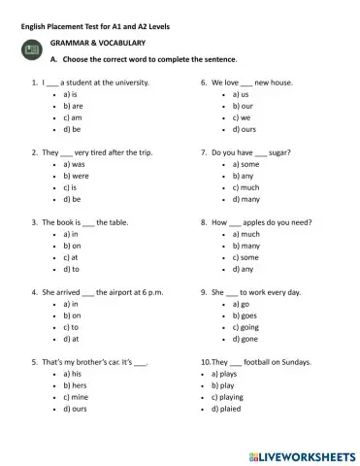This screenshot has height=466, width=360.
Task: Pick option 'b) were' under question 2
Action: click(x=75, y=177)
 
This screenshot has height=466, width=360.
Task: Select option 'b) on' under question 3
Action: click(x=72, y=246)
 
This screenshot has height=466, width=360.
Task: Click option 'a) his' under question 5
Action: click(x=72, y=374)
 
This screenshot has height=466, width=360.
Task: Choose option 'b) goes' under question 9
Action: click(x=245, y=316)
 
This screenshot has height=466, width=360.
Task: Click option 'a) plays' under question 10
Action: click(x=226, y=374)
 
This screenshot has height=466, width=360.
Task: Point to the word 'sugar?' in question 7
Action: click(x=279, y=153)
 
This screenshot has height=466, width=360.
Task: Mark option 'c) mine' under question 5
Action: click(x=74, y=397)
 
